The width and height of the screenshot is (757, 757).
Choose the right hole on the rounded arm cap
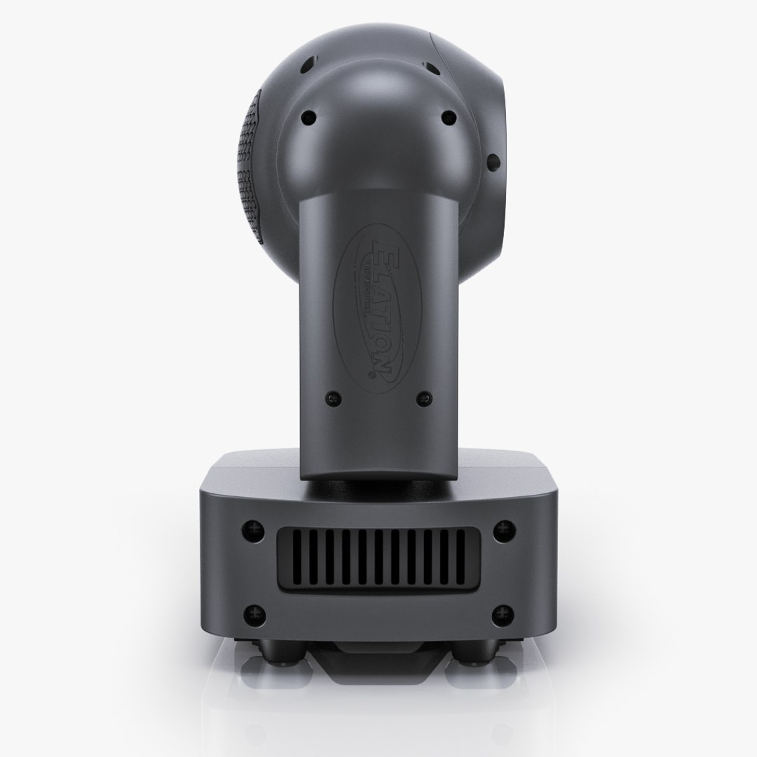click(x=444, y=118)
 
